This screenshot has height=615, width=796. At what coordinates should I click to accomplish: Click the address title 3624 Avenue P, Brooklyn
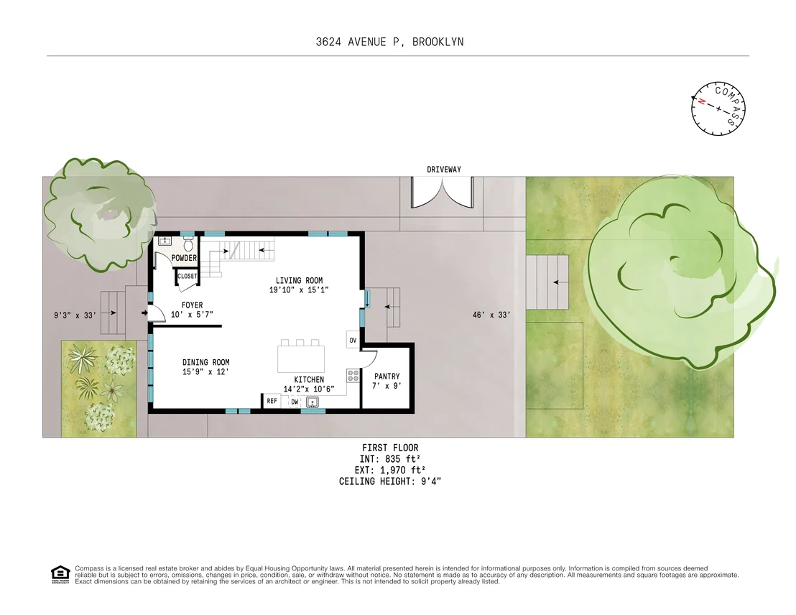click(x=389, y=42)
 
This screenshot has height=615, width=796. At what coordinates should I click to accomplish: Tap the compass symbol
click(x=718, y=108)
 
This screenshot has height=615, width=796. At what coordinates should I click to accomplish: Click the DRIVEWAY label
click(x=444, y=169)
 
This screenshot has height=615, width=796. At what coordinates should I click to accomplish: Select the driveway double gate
click(x=442, y=193)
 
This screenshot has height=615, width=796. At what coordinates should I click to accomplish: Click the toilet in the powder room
click(x=188, y=245)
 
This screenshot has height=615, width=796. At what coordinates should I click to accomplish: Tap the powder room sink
click(x=165, y=241)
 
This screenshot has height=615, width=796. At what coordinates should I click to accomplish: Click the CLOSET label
click(x=187, y=277)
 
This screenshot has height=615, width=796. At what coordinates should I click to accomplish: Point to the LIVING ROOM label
click(x=299, y=280)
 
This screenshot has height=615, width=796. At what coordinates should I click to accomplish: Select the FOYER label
click(x=192, y=305)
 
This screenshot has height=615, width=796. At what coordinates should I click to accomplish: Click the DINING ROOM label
click(x=205, y=362)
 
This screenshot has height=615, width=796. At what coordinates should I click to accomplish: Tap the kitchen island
click(x=301, y=359)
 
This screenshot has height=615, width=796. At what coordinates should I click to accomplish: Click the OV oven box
click(x=353, y=340)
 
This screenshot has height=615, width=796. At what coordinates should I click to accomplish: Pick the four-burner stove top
click(x=353, y=376)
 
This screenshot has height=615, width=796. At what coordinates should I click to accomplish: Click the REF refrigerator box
click(x=272, y=401)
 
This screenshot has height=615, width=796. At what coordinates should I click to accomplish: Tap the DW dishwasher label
click(x=295, y=402)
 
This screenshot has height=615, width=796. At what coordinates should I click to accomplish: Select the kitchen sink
click(x=313, y=402)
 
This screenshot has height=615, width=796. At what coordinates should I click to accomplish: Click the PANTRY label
click(x=387, y=376)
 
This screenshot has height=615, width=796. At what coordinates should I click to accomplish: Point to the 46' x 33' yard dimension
click(x=491, y=315)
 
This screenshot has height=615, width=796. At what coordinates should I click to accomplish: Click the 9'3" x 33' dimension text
click(x=75, y=315)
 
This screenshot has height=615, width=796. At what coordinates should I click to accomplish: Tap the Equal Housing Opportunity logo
click(x=60, y=574)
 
